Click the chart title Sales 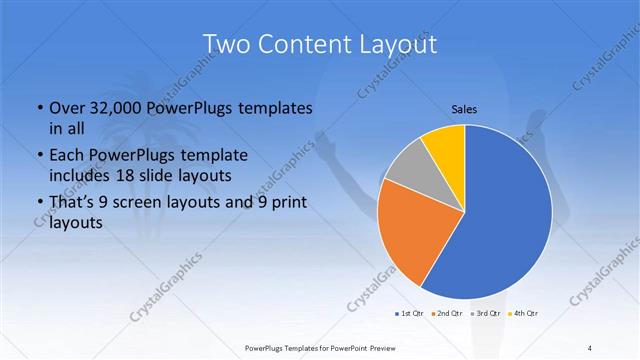click(465, 108)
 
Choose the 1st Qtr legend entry click(409, 314)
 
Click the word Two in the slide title click(230, 44)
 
